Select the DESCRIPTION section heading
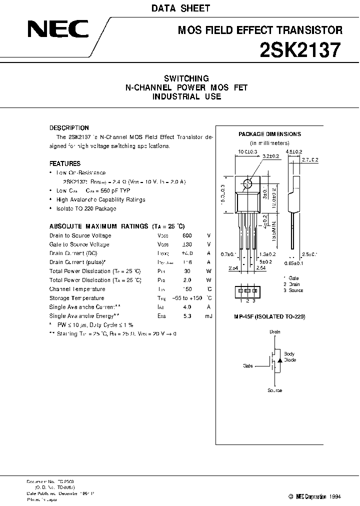coord(69,128)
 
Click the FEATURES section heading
coord(65,163)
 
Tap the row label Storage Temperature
coord(76,298)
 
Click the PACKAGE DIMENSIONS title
coord(269,134)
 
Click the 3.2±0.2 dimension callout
coord(271,156)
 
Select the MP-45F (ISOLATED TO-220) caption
coord(269,317)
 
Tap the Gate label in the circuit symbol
coord(248,365)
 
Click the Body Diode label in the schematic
coord(289,357)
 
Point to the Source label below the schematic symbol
coord(275,390)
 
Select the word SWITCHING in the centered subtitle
coord(186,78)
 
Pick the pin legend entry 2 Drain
coord(293,284)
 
